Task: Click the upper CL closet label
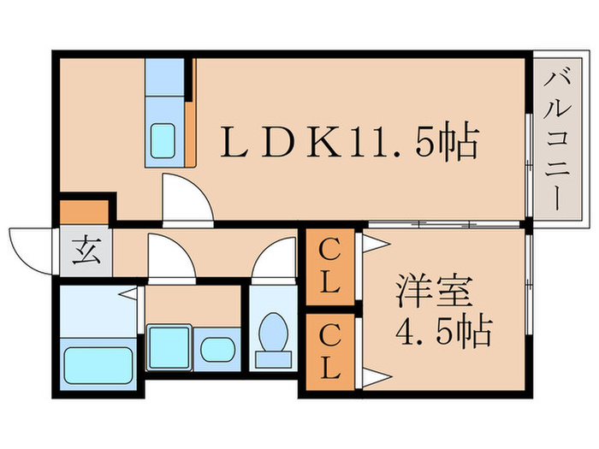[329, 266]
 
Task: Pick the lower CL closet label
[329, 350]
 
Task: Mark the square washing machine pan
[169, 347]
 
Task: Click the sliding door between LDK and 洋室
[444, 225]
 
